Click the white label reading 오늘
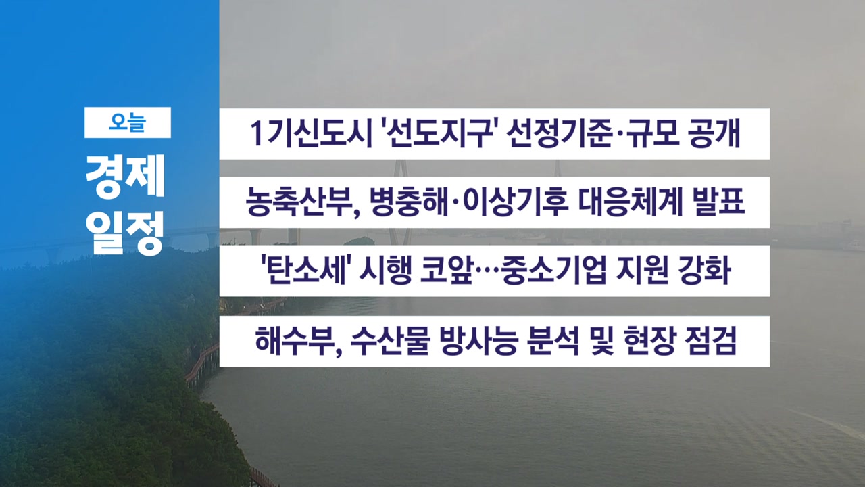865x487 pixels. pyautogui.click(x=128, y=122)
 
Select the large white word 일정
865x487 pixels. pyautogui.click(x=125, y=233)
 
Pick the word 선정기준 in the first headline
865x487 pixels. pyautogui.click(x=559, y=134)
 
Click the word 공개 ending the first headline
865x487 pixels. pyautogui.click(x=715, y=134)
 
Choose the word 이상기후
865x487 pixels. pyautogui.click(x=515, y=202)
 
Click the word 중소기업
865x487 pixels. pyautogui.click(x=553, y=270)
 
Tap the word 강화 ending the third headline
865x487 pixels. pyautogui.click(x=705, y=270)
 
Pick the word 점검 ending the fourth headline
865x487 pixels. pyautogui.click(x=710, y=341)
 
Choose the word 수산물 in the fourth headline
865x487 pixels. pyautogui.click(x=391, y=341)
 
